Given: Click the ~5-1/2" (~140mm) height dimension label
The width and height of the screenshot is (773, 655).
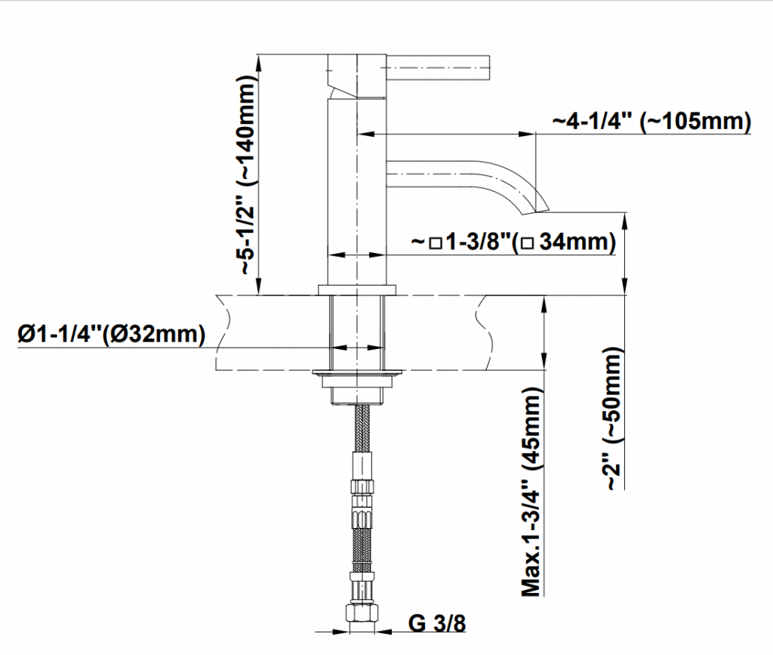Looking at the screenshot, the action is [248, 175].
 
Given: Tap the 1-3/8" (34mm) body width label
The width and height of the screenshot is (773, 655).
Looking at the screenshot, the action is [513, 242].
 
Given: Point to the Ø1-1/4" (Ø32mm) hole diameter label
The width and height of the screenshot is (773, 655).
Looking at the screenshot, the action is [112, 335].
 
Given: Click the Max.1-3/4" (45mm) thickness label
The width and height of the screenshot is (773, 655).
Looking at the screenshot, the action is [532, 491].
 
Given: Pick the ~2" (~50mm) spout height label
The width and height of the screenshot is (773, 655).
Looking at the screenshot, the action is [613, 419].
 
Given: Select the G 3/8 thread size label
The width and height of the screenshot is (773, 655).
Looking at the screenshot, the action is [437, 623].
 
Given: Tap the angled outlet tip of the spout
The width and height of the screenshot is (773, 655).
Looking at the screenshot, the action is [535, 209].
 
